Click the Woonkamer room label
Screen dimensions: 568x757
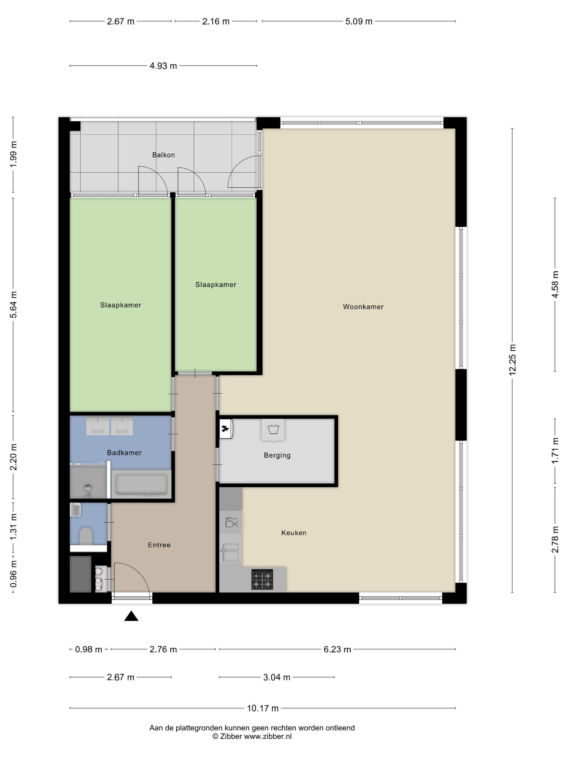pyautogui.click(x=363, y=307)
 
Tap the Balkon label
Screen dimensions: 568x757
pyautogui.click(x=163, y=155)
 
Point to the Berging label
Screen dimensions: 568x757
pyautogui.click(x=277, y=455)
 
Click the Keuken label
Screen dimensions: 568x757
pyautogui.click(x=294, y=533)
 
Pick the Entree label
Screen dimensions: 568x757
pyautogui.click(x=159, y=545)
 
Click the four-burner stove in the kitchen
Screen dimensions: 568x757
pyautogui.click(x=262, y=579)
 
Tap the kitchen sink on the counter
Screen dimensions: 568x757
pyautogui.click(x=230, y=552)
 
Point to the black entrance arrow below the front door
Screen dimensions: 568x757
pyautogui.click(x=131, y=616)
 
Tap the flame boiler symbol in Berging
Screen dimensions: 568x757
pyautogui.click(x=226, y=429)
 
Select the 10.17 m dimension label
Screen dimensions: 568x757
pyautogui.click(x=263, y=708)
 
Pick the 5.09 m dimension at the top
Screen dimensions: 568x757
pyautogui.click(x=358, y=21)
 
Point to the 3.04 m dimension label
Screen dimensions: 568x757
pyautogui.click(x=277, y=677)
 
